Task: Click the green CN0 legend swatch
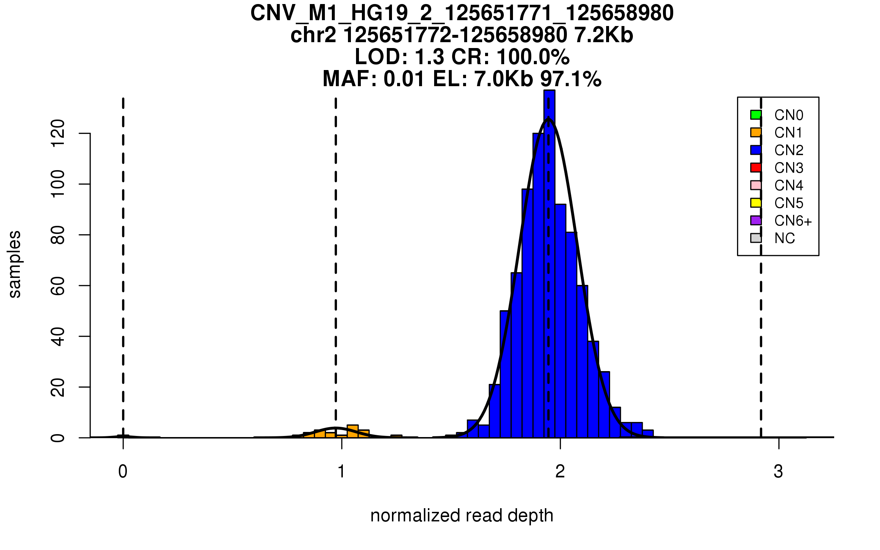pos(756,115)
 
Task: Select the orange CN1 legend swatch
pos(756,132)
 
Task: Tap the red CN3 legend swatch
pos(756,168)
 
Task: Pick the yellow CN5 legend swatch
pos(756,203)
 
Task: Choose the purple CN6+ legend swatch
pos(756,220)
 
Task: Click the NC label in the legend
pos(784,238)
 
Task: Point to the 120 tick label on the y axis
pos(58,133)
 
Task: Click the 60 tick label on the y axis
pos(58,286)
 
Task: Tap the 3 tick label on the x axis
pos(778,472)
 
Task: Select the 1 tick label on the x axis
pos(341,472)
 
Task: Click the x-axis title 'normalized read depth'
pos(462,516)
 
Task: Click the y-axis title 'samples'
pos(15,264)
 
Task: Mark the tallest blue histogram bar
pos(549,264)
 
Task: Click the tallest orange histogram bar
pos(352,432)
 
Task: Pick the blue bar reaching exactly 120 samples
pos(538,286)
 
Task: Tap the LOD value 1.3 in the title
pos(429,57)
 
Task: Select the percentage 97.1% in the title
pos(571,79)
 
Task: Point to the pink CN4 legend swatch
pos(756,185)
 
